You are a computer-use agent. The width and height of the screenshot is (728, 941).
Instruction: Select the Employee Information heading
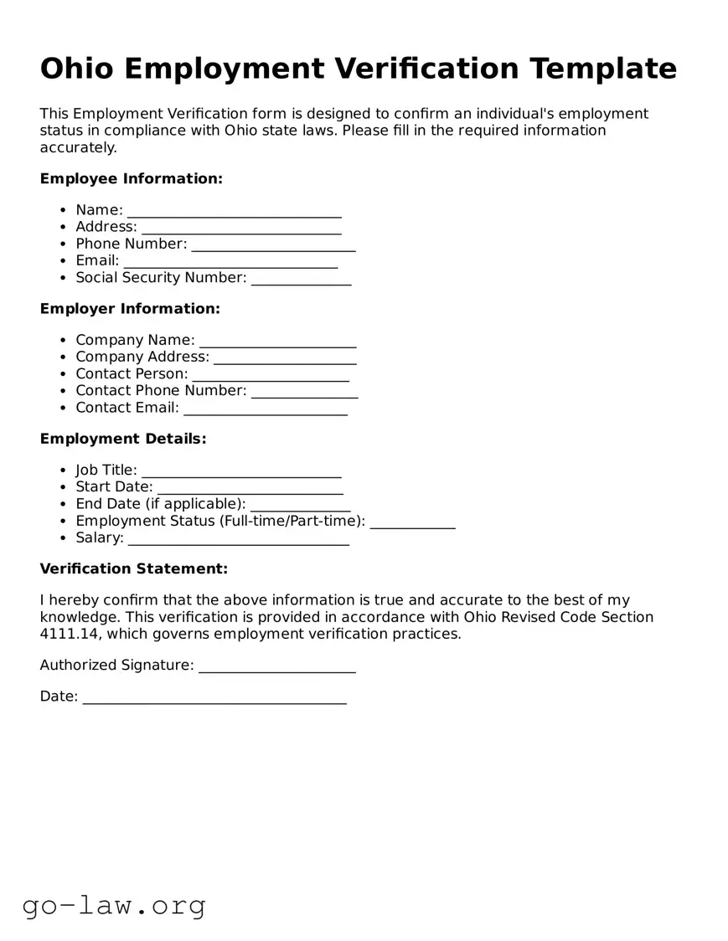(132, 178)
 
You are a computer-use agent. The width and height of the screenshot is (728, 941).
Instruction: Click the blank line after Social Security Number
(301, 279)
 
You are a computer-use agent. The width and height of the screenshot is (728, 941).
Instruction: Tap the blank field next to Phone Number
(273, 244)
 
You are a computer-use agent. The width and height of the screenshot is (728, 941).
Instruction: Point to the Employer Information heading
(130, 309)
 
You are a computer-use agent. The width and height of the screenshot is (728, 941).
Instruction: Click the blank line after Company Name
(277, 341)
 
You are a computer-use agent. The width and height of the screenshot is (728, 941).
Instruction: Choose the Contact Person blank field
(270, 375)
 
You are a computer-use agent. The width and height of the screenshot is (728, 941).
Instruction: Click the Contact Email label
(127, 408)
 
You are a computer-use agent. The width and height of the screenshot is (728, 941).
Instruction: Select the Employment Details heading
(123, 439)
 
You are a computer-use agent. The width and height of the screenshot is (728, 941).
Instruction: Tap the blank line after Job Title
(241, 471)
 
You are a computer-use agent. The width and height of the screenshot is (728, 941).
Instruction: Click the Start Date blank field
(250, 488)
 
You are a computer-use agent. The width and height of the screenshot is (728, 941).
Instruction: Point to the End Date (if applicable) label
(161, 504)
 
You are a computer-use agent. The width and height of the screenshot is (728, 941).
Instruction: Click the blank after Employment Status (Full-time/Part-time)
(412, 522)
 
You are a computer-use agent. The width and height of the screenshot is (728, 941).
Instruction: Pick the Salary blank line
(238, 539)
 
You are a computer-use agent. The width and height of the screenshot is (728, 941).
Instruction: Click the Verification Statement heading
(134, 569)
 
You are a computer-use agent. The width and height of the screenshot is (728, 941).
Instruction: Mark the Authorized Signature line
(276, 666)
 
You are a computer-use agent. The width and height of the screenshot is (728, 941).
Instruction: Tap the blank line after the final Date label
(214, 697)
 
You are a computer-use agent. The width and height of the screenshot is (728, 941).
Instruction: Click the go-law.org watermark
(114, 905)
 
